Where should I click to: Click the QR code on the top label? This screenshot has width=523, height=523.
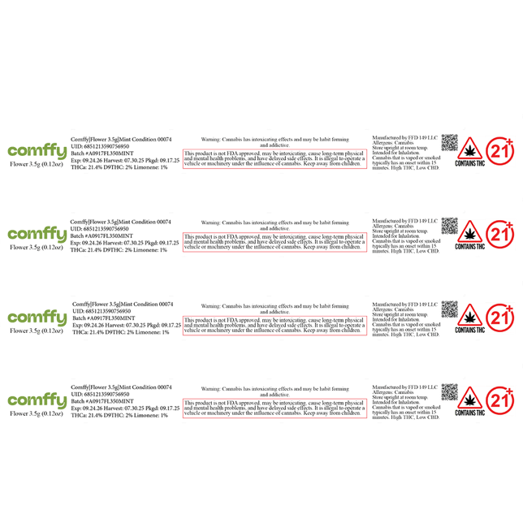[x=451, y=143]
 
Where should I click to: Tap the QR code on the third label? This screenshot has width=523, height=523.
[x=451, y=309]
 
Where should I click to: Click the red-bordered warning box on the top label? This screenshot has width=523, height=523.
[x=274, y=158]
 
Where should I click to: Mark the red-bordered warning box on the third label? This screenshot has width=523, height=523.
[x=274, y=325]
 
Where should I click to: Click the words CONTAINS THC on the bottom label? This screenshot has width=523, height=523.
[x=469, y=413]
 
